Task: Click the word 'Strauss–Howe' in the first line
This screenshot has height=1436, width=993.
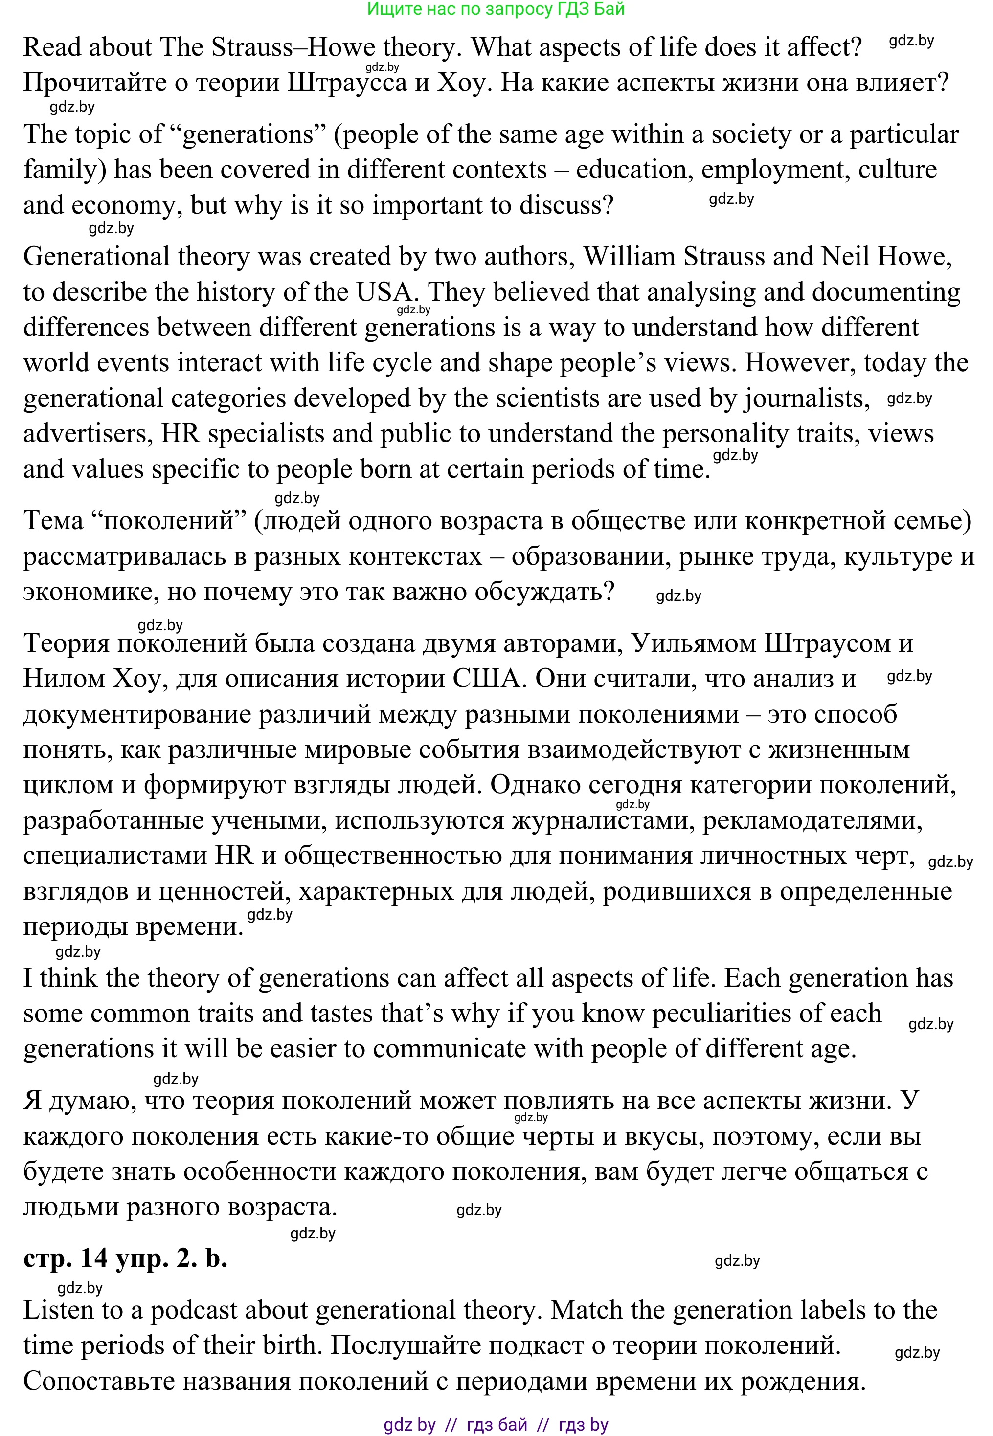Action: tap(293, 47)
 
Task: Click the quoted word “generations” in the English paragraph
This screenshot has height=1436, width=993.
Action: tap(248, 134)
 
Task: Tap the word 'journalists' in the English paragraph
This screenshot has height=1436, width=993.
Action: tap(806, 398)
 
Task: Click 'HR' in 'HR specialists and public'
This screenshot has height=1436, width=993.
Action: tap(180, 434)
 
